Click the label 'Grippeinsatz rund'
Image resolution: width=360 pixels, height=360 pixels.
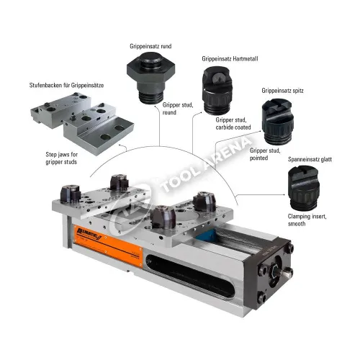click(150, 46)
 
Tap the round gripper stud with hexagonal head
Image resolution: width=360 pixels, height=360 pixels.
click(150, 77)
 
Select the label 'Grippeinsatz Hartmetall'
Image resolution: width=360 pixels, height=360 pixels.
click(230, 59)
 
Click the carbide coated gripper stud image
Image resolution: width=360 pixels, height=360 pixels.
click(217, 90)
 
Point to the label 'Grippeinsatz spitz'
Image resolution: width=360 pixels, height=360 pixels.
click(282, 91)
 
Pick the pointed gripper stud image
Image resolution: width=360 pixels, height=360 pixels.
click(278, 122)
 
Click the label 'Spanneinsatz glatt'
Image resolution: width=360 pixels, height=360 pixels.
click(310, 159)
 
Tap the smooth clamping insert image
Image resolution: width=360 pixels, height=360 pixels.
click(304, 188)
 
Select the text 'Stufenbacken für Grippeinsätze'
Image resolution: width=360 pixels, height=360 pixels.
click(66, 85)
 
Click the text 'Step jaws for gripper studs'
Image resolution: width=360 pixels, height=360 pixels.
click(61, 158)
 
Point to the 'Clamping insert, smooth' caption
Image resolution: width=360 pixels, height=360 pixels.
click(307, 220)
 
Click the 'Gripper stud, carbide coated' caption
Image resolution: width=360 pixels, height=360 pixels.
click(233, 124)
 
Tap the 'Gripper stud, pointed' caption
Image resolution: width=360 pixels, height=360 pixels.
click(265, 154)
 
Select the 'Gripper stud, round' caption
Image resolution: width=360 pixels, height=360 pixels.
click(178, 109)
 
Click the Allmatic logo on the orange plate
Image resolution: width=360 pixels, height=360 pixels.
click(89, 233)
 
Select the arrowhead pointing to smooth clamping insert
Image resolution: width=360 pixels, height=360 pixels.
click(284, 194)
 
